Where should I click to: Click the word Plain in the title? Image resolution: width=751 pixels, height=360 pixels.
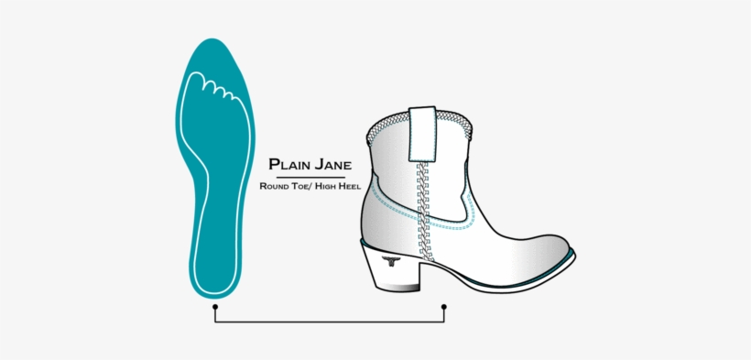point(288,165)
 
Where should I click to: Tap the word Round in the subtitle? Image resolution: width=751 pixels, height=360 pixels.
point(274,186)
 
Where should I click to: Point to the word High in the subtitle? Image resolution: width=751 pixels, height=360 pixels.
point(321,186)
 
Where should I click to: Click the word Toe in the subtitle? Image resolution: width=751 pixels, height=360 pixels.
point(299,186)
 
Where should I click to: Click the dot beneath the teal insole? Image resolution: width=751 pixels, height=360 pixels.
point(215,307)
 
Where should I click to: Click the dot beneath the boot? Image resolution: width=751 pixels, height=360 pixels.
point(444,307)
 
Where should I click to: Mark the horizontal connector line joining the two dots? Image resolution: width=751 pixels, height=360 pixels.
point(330,322)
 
